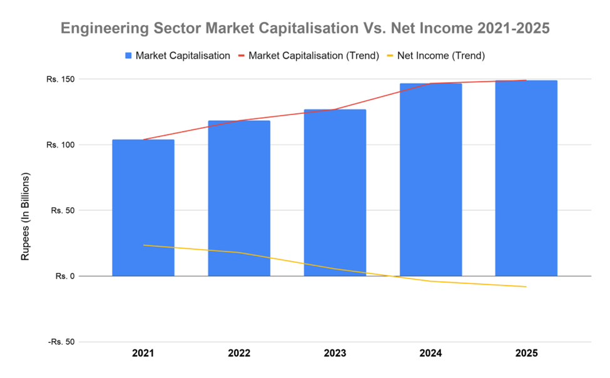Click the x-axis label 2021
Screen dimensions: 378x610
click(143, 354)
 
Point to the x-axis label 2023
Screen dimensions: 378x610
click(335, 354)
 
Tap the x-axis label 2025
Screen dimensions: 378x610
click(526, 354)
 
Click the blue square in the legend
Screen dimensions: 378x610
click(128, 56)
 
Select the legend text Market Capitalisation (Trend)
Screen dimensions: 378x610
click(313, 56)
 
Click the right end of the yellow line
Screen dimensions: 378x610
click(526, 287)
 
